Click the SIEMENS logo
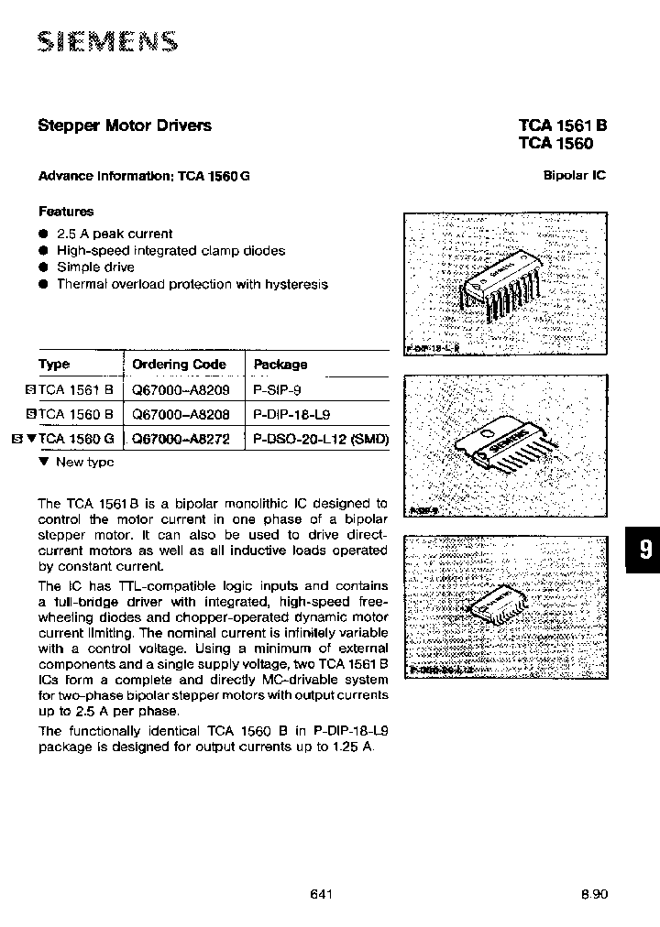tap(107, 41)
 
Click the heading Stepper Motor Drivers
tap(125, 125)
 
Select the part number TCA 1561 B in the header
tap(562, 126)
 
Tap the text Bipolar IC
tap(575, 175)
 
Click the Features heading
tap(66, 211)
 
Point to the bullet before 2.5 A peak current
tap(43, 234)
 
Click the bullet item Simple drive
tap(95, 267)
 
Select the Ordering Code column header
tap(179, 365)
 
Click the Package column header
tap(280, 365)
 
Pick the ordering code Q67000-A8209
tap(180, 389)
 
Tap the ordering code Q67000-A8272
tap(180, 439)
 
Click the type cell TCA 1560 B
tap(76, 414)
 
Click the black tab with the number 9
tap(644, 550)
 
